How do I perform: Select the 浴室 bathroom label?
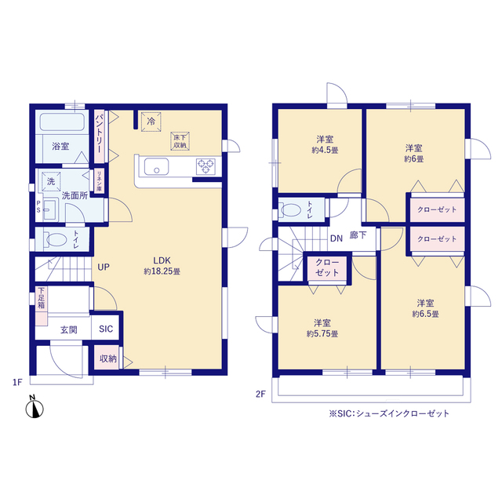60,147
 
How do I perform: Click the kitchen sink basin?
155,166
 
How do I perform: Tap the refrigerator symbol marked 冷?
150,121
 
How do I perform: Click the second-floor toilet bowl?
292,209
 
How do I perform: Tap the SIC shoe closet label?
106,331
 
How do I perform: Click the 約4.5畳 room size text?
324,150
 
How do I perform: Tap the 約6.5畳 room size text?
425,314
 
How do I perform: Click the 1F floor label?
16,382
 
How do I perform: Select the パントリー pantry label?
100,133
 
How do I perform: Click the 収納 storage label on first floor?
107,358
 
